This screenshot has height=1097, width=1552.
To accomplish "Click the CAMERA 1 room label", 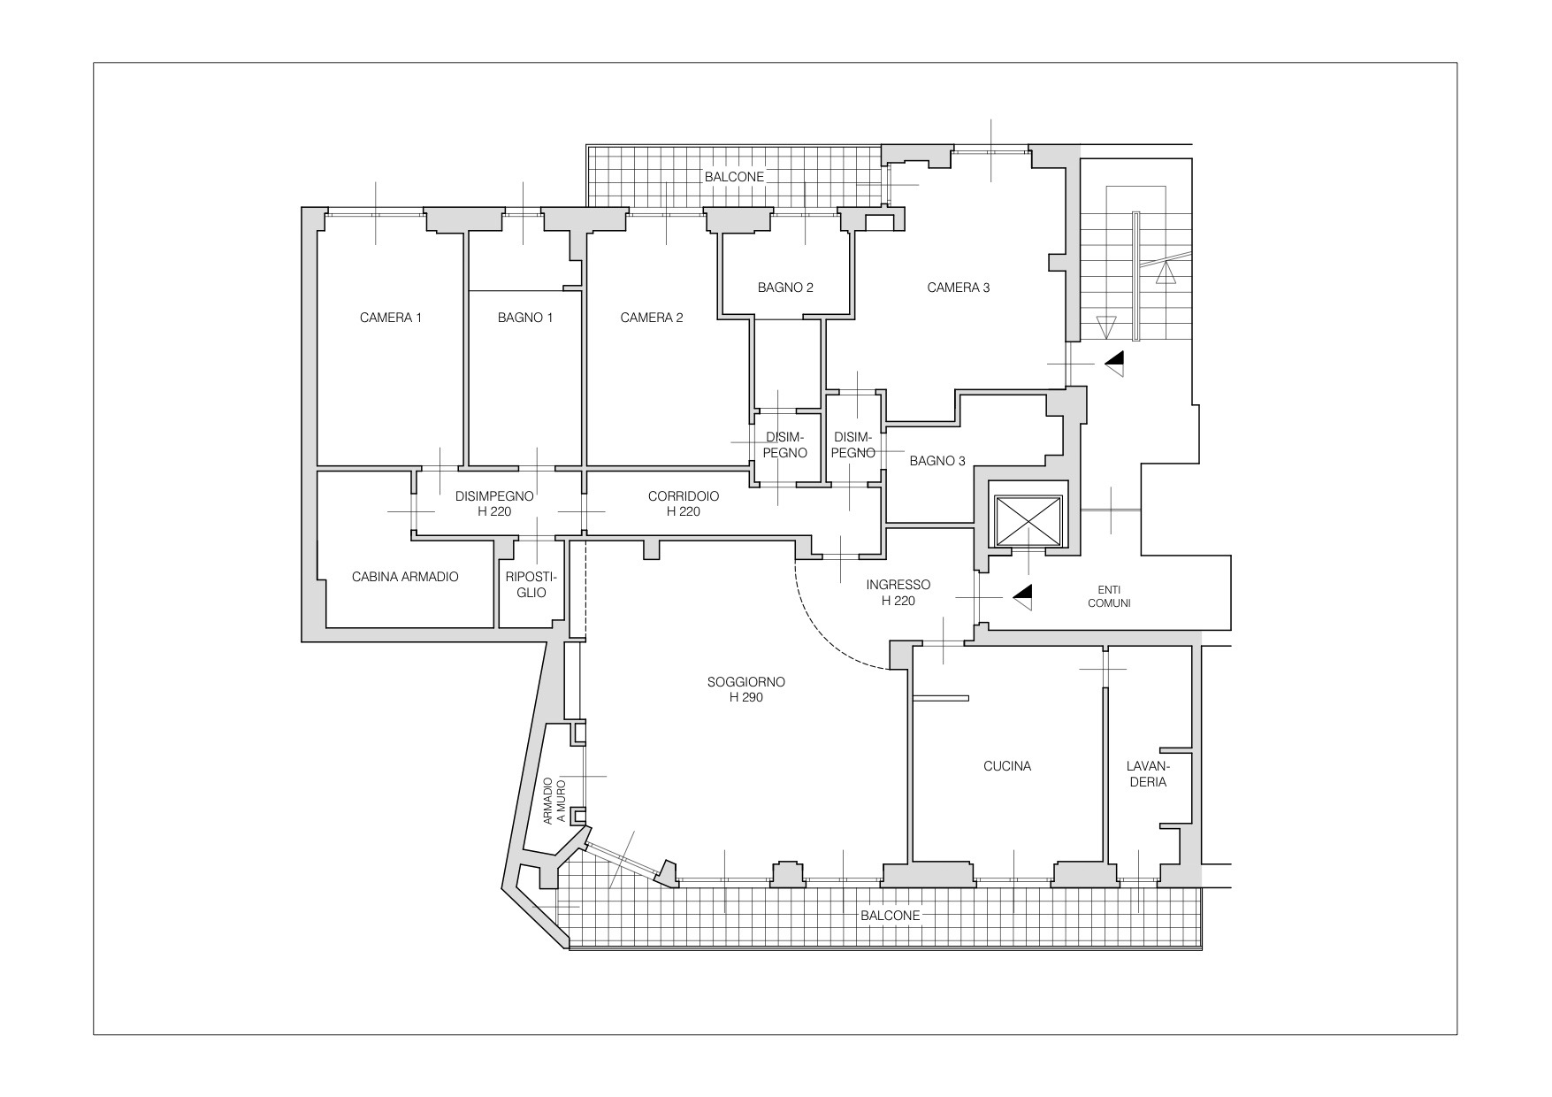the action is coord(391,318).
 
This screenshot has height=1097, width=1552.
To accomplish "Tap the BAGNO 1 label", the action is coord(525,318).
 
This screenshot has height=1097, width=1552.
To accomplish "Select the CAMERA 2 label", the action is coord(652,318).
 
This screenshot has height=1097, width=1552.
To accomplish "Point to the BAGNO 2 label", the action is coord(785,288).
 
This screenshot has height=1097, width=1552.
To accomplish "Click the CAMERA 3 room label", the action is coord(959,288).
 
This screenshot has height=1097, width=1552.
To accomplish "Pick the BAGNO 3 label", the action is coord(937,461).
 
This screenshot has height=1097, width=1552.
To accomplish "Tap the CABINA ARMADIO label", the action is coord(405,577).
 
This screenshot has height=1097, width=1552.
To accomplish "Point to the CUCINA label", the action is coord(1007,766).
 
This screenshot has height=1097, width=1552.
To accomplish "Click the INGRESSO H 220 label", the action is coord(898,593).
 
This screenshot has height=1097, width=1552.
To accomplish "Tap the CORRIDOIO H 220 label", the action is coord(684,503).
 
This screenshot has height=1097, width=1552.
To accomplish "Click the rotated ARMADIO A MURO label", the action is coord(554,801).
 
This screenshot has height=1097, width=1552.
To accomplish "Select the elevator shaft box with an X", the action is coord(1028,521).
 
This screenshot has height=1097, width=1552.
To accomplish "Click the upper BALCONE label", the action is coord(734,177).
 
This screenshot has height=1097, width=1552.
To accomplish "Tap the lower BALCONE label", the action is coord(891,916).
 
